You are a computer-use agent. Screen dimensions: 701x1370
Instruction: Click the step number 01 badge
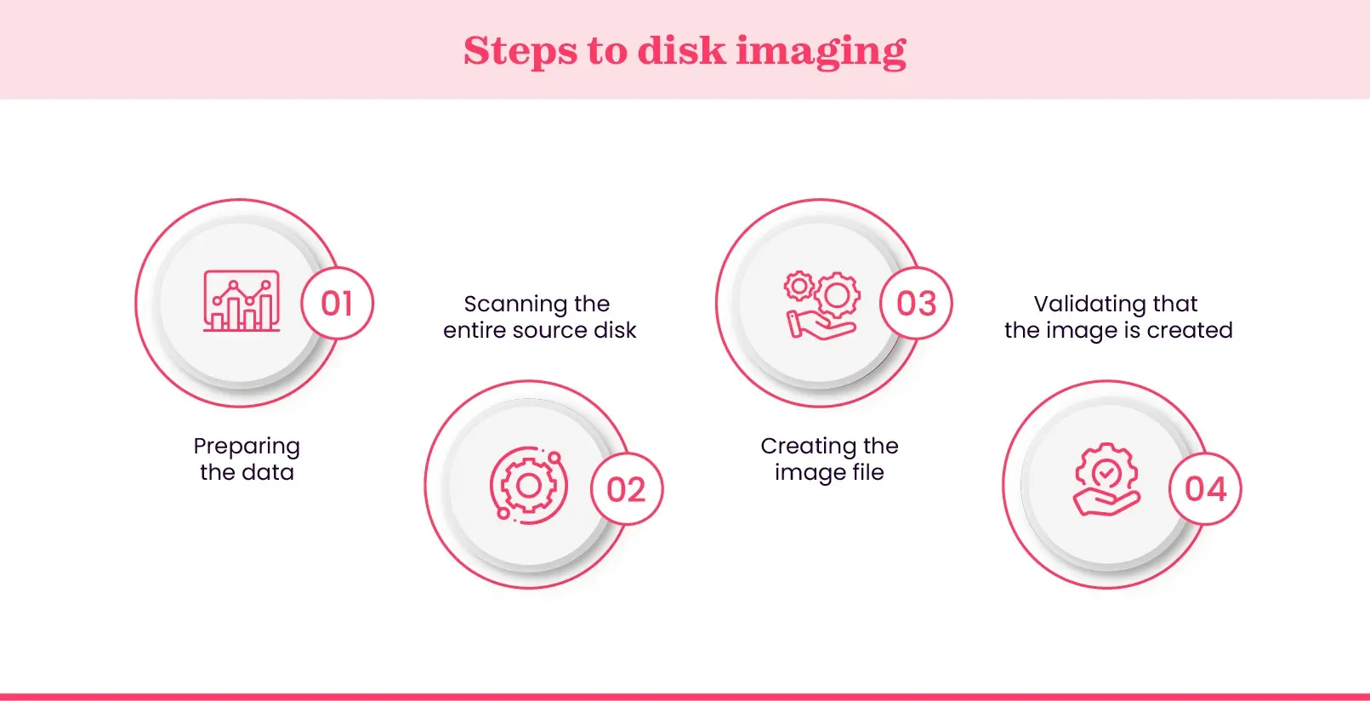coord(338,304)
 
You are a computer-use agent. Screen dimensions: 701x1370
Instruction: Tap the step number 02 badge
coord(627,489)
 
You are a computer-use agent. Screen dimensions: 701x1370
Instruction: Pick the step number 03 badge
coord(917,304)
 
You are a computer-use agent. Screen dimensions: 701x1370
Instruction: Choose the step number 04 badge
coord(1206,489)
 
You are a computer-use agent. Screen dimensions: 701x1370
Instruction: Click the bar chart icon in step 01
coord(242,301)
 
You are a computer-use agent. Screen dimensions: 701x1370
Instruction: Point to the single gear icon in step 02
coord(528,486)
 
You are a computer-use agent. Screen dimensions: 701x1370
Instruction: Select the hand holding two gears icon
coord(821,305)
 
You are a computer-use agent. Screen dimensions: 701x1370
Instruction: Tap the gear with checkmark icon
coord(1106,479)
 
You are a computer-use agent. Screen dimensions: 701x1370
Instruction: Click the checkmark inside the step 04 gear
coord(1106,472)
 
